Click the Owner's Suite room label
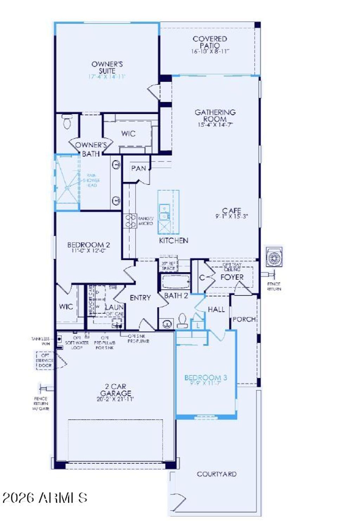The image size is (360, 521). tap(107, 67)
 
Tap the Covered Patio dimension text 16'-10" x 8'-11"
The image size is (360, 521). tap(210, 51)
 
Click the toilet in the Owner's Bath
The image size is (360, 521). tap(66, 122)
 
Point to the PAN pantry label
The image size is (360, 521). tap(139, 168)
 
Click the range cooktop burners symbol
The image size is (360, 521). tap(131, 221)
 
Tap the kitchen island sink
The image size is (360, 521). tap(164, 212)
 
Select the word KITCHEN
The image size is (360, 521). tap(174, 240)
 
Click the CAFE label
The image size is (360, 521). tap(231, 211)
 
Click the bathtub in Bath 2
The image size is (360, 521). tap(175, 281)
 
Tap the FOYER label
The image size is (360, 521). tap(232, 277)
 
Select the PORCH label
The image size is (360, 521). tap(244, 319)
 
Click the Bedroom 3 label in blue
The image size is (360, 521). tap(206, 378)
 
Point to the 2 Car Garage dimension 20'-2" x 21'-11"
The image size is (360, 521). tap(115, 399)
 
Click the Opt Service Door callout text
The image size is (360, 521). tap(45, 360)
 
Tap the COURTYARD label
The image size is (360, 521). tap(217, 474)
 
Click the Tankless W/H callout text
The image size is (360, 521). tap(41, 341)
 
